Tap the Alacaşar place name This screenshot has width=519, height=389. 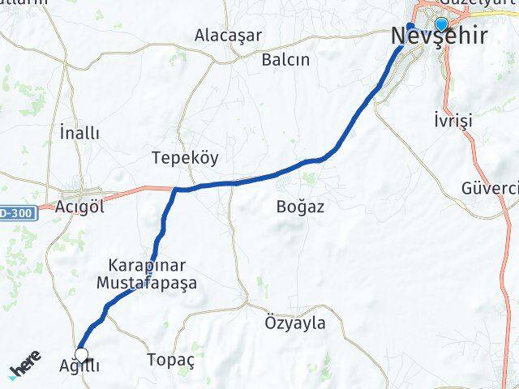[225, 35]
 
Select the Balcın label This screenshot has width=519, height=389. [285, 59]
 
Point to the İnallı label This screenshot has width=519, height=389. [79, 131]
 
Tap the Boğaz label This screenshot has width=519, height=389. [299, 207]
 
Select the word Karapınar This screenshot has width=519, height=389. [148, 265]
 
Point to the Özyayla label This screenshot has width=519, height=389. [295, 323]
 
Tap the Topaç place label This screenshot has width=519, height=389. [170, 359]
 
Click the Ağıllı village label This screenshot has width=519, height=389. [79, 366]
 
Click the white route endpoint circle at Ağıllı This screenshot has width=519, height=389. [81, 353]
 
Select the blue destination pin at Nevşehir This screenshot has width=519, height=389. [441, 24]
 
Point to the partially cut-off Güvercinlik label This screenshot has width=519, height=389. [490, 187]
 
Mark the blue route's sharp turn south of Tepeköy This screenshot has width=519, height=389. [176, 190]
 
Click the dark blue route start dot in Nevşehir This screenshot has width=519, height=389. [410, 27]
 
